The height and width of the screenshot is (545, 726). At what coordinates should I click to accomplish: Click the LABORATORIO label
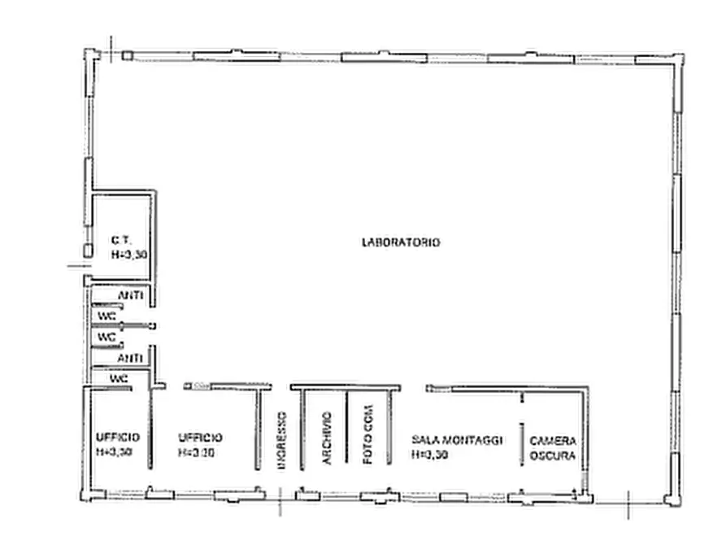tap(401, 242)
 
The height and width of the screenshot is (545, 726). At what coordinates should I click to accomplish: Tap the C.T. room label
tap(121, 241)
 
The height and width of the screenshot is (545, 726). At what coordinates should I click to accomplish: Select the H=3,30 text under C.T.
tap(129, 255)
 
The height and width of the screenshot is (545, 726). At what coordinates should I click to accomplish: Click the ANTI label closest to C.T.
tap(131, 295)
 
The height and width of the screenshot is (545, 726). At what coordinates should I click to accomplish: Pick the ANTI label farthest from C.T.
tap(129, 358)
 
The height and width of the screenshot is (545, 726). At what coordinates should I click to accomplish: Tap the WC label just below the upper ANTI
tap(107, 316)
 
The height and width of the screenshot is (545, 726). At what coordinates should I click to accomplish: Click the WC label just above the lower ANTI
tap(107, 338)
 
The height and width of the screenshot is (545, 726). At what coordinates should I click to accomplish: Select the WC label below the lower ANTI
tap(119, 378)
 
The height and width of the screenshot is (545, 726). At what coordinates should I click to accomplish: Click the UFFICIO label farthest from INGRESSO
tap(118, 437)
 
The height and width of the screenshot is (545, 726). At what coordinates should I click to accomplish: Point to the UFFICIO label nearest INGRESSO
tap(200, 438)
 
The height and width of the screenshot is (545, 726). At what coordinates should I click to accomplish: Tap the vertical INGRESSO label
tap(281, 440)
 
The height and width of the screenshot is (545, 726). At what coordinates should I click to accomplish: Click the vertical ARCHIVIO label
tap(327, 438)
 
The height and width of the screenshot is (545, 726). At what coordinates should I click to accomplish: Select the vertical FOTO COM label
tap(367, 434)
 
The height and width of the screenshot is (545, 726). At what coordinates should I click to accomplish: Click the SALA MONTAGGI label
tap(457, 440)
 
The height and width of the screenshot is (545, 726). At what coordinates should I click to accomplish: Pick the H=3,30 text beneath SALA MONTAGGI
tap(430, 455)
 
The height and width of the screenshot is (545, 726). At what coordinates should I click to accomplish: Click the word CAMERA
tap(553, 441)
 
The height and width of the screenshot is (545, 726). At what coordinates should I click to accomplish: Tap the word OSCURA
tap(552, 456)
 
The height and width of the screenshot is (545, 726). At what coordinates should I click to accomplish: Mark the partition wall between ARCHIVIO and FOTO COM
tap(346, 427)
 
